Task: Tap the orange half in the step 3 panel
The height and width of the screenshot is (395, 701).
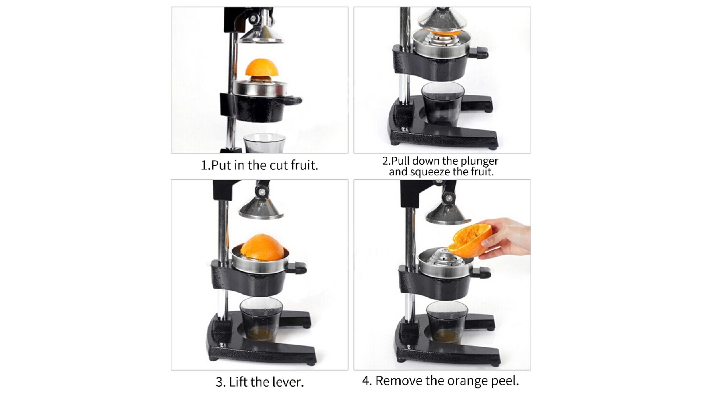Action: click(262, 247)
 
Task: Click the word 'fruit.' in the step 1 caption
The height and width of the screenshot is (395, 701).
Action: click(304, 165)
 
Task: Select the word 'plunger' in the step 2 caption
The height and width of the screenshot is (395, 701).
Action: click(479, 161)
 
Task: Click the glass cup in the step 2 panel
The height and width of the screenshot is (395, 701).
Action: click(442, 103)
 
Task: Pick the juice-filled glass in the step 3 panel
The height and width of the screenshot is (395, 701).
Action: click(261, 320)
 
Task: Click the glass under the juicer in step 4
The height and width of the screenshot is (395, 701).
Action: click(447, 322)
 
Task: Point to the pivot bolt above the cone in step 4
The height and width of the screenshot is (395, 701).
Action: click(448, 198)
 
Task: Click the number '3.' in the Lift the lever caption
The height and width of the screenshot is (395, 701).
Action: click(221, 382)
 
